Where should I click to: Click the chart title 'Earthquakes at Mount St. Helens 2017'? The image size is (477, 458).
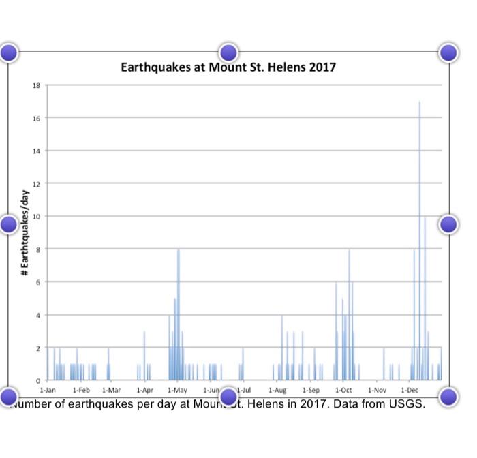228,67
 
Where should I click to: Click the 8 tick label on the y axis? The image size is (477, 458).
37,249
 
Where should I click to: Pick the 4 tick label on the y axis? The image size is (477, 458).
37,315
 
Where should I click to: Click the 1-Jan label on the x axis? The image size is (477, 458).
48,390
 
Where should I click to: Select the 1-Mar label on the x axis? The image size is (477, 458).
111,390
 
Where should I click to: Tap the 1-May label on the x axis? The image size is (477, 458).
177,390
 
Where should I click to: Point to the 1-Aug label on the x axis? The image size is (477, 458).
277,390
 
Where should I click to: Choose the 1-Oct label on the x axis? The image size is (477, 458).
343,390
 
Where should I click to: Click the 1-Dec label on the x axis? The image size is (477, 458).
410,390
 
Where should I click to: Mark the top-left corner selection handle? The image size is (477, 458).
9,52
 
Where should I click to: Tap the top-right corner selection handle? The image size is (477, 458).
448,52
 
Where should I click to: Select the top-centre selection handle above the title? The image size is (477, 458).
228,52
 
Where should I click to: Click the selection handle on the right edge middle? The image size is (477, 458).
448,224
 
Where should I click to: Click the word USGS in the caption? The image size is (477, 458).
407,404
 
